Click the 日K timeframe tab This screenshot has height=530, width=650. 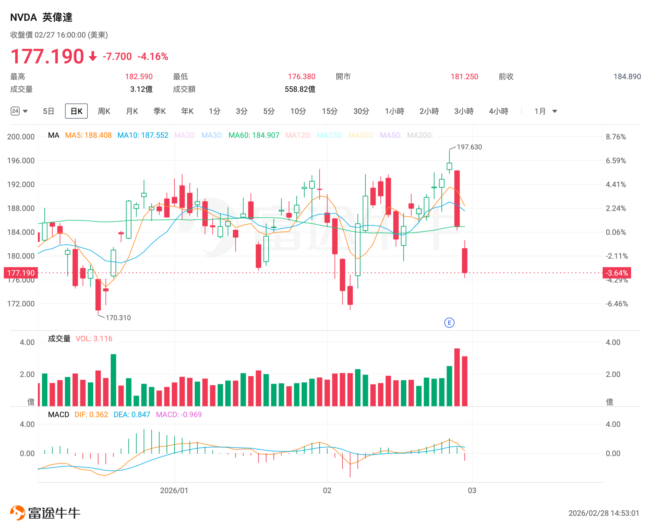click(x=76, y=111)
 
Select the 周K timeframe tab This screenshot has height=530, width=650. click(x=104, y=111)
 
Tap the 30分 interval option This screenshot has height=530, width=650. click(x=361, y=111)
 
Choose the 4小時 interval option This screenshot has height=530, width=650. click(x=499, y=111)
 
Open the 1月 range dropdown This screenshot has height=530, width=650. click(x=546, y=111)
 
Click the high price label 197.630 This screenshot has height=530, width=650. click(x=469, y=147)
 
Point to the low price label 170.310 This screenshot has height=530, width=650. click(x=118, y=318)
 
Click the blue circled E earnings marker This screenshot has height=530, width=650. click(x=449, y=323)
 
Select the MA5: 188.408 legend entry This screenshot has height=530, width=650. click(x=88, y=135)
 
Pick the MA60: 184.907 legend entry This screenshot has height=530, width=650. click(x=254, y=135)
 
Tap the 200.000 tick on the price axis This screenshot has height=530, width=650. click(x=21, y=137)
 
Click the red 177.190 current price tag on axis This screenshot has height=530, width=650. click(x=21, y=273)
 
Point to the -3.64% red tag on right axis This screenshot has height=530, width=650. click(x=617, y=273)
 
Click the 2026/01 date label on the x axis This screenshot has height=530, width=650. click(x=174, y=491)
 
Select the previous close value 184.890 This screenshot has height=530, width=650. click(x=627, y=77)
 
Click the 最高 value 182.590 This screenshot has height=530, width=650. click(x=139, y=77)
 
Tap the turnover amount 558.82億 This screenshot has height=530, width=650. click(x=300, y=89)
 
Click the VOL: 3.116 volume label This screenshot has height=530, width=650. click(x=94, y=339)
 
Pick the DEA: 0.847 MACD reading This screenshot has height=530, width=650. click(x=132, y=415)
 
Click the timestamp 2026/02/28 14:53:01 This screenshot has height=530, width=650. click(x=604, y=513)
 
